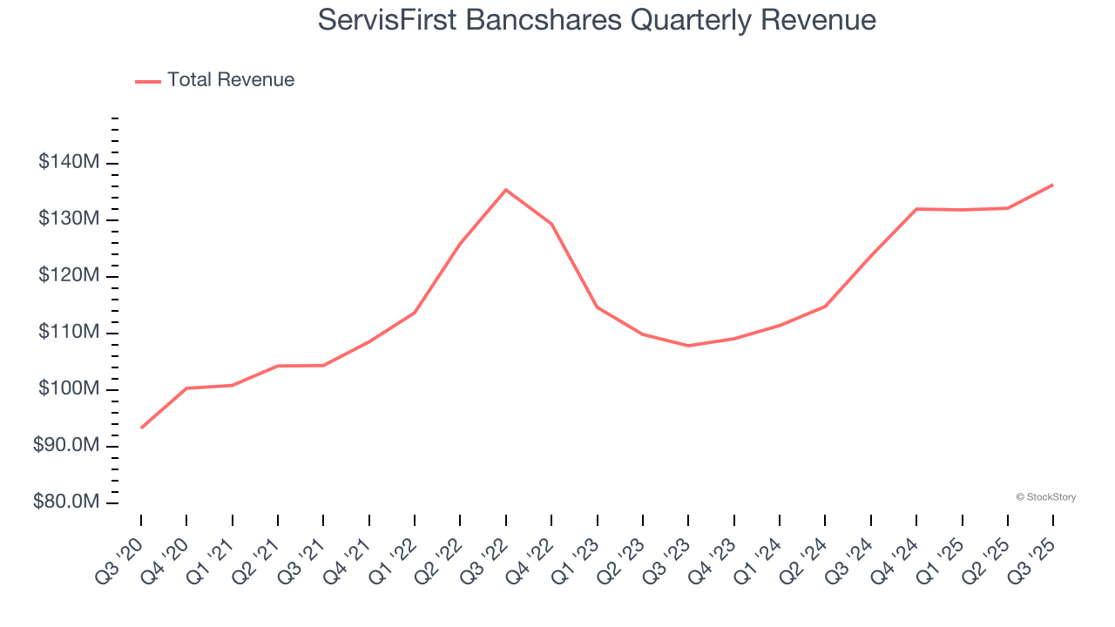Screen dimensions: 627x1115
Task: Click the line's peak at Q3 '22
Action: click(x=506, y=190)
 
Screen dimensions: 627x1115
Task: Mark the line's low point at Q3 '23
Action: click(x=688, y=346)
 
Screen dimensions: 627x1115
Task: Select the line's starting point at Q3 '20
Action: click(x=141, y=428)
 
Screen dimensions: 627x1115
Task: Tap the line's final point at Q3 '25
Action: click(x=1052, y=185)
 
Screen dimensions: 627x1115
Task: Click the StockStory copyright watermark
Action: click(x=1045, y=497)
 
